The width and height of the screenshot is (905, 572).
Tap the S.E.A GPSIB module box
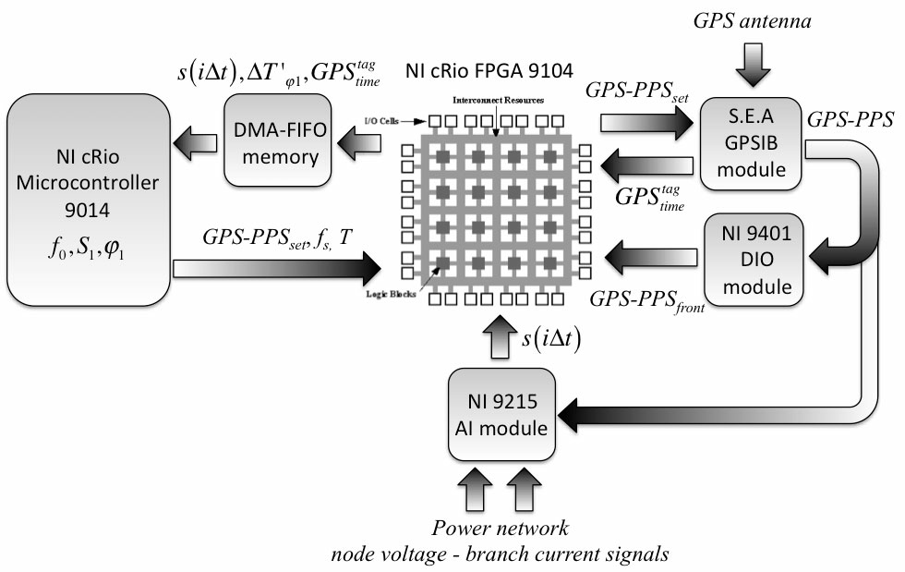(x=747, y=144)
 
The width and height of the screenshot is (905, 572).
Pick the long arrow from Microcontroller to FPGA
(x=277, y=269)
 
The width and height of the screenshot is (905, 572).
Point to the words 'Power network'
(x=500, y=529)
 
